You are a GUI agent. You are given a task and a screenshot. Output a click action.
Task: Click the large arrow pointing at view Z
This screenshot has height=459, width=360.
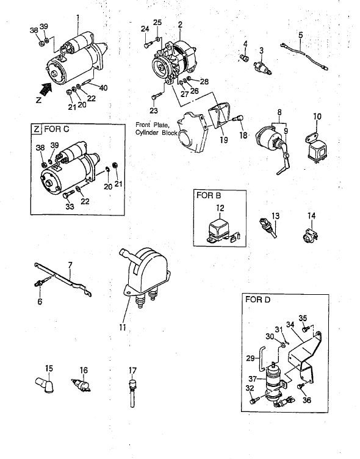point(46,89)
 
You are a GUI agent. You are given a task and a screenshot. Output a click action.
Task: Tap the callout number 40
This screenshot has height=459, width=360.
point(103,87)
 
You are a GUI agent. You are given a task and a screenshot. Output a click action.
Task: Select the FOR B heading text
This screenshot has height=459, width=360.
point(209,195)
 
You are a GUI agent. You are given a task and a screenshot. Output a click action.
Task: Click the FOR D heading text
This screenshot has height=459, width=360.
point(258,300)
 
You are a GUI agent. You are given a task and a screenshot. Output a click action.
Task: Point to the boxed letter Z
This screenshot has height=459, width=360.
point(36,129)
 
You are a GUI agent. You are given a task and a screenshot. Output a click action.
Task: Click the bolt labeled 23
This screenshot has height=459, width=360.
point(157,95)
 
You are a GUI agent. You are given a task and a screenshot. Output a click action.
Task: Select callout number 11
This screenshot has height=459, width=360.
point(123,327)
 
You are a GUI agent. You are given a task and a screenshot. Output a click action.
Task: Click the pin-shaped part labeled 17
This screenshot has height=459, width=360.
point(132,393)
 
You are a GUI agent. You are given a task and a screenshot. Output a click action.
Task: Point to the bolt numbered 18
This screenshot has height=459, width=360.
point(237,118)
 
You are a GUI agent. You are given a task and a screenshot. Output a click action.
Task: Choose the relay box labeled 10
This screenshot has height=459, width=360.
point(315,148)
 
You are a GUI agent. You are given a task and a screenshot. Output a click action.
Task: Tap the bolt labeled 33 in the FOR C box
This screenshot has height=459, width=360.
point(69,193)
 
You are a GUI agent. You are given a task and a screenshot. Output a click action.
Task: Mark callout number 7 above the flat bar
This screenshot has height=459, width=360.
point(70,266)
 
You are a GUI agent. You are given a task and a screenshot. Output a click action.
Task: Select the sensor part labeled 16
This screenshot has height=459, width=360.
point(81,385)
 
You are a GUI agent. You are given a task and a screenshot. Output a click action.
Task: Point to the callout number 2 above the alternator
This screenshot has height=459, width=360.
point(180,24)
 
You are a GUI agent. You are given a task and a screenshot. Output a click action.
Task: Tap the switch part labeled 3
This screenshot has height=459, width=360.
point(262,67)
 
